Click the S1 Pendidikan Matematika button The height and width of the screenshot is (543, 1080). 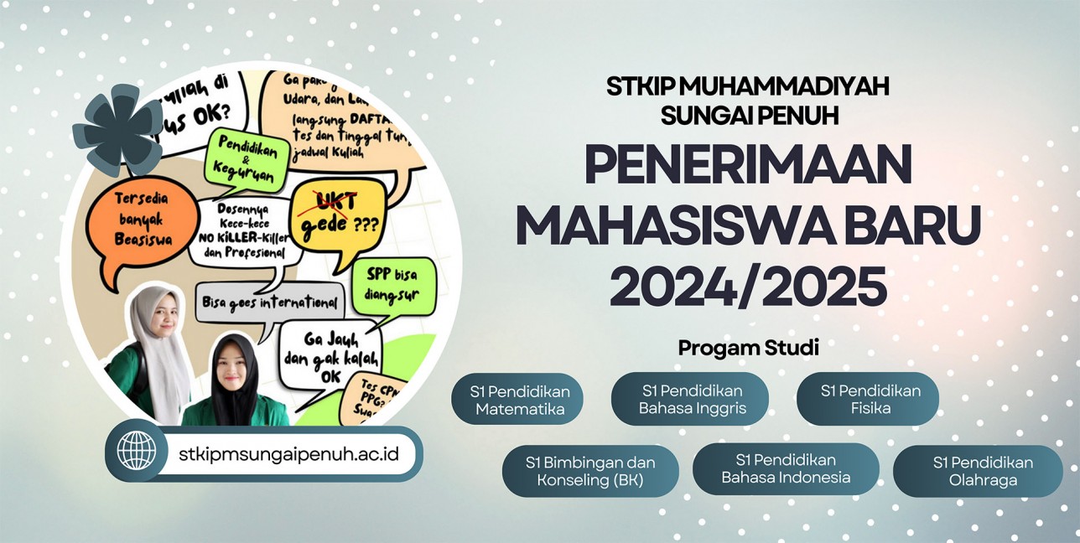517,400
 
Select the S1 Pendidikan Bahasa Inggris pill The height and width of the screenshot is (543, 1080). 689,400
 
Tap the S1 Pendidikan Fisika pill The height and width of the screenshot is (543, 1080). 868,400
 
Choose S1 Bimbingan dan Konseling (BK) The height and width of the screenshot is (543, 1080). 589,471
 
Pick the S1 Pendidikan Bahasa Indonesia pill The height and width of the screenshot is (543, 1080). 785,469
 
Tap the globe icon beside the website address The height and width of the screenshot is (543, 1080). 136,451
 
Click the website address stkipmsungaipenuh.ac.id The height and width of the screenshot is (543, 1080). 288,453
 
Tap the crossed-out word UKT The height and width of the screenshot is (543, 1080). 329,201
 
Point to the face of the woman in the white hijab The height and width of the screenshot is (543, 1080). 158,315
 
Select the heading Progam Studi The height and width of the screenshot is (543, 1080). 748,348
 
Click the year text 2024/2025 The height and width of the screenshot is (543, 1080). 748,286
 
